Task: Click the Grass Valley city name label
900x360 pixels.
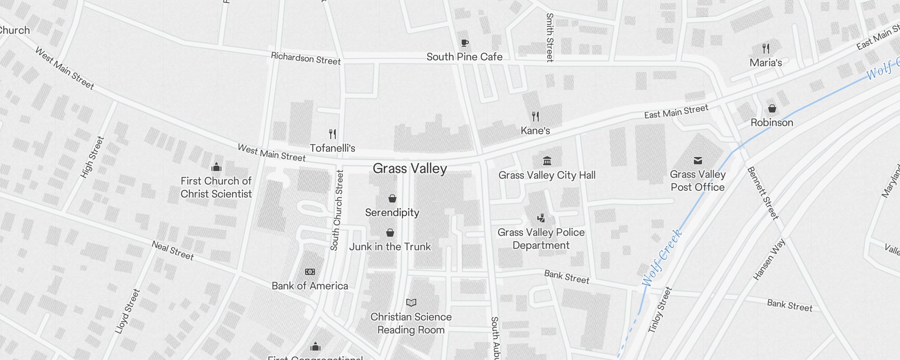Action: [409, 169]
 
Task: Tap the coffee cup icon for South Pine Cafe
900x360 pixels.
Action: [465, 43]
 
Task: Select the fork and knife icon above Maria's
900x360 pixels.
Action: [765, 48]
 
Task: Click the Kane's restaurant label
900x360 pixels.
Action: [535, 130]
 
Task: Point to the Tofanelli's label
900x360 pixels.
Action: [333, 148]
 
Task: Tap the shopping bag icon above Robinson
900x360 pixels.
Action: [772, 108]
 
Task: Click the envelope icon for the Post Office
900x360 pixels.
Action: [697, 161]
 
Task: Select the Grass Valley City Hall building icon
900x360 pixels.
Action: [547, 161]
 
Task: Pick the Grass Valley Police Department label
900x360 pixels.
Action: [541, 238]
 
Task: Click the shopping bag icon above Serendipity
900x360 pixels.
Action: [392, 198]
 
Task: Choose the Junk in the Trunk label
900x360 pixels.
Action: [390, 247]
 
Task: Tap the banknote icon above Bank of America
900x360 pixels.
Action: [310, 272]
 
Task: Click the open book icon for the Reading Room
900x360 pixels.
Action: [411, 302]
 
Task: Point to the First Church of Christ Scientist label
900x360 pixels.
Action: [216, 187]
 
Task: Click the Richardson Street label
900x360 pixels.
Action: [306, 59]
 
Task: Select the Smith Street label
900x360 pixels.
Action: [549, 37]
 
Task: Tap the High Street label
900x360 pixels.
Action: [92, 157]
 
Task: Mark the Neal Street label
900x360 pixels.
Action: [173, 251]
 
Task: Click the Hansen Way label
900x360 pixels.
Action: [769, 259]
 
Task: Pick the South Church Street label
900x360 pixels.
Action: [337, 210]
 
